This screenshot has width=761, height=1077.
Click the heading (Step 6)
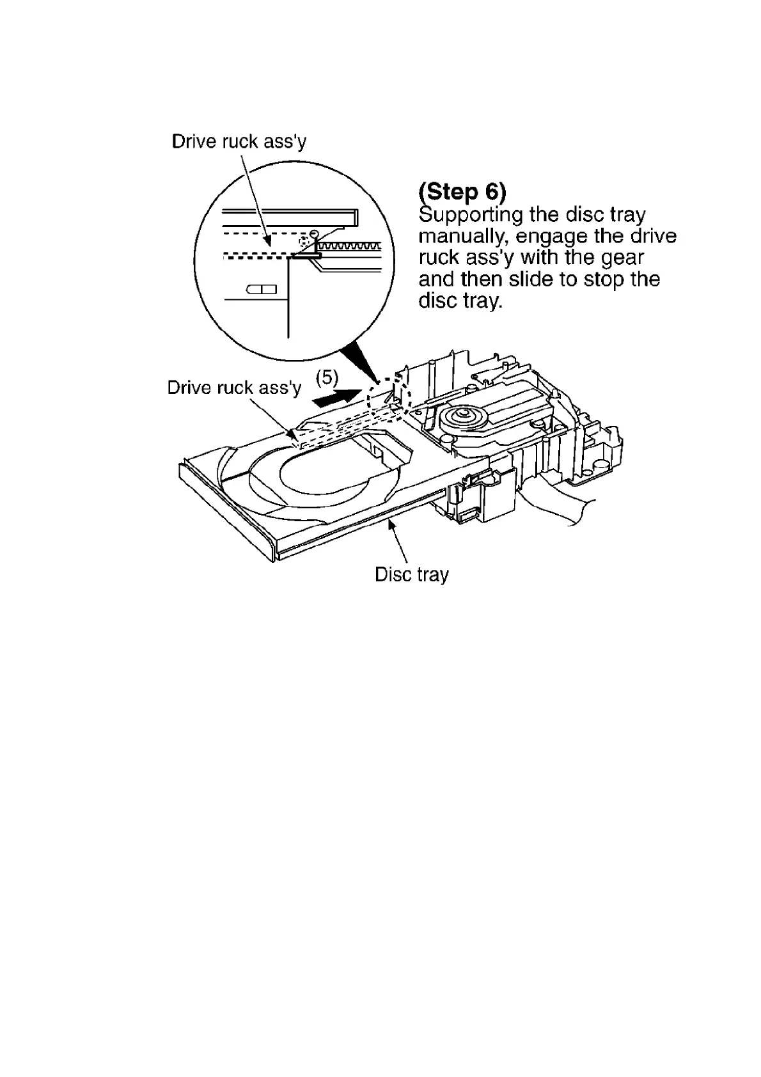pyautogui.click(x=462, y=191)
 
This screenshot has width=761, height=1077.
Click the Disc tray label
pyautogui.click(x=411, y=574)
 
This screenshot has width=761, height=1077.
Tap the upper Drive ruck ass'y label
pyautogui.click(x=239, y=141)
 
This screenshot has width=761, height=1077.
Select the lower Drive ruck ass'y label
pyautogui.click(x=234, y=388)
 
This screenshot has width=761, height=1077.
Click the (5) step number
pyautogui.click(x=327, y=377)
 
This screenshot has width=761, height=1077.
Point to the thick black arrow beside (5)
pyautogui.click(x=338, y=397)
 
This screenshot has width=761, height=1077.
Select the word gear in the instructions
pyautogui.click(x=620, y=258)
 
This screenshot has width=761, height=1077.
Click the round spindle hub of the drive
pyautogui.click(x=462, y=419)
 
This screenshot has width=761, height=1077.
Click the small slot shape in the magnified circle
pyautogui.click(x=261, y=290)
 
